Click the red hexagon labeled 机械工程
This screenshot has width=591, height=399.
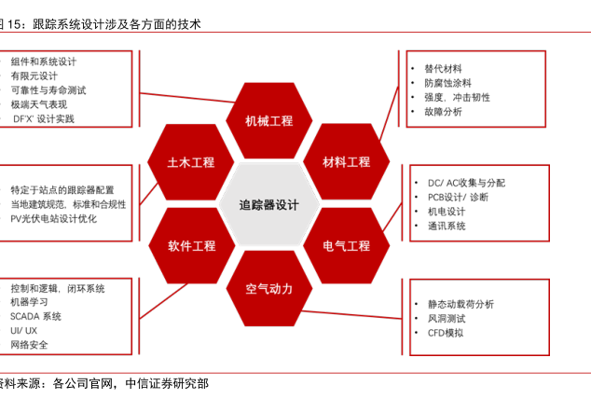click(x=268, y=121)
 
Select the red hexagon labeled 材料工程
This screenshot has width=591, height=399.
click(x=347, y=162)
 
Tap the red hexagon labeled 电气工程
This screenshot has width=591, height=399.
click(x=347, y=246)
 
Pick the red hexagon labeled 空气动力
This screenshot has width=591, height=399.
click(x=268, y=288)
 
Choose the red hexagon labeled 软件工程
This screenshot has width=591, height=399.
click(x=191, y=246)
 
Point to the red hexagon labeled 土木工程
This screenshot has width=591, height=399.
click(x=191, y=162)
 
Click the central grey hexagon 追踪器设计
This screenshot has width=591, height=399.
click(x=268, y=205)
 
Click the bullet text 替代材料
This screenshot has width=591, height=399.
click(x=442, y=68)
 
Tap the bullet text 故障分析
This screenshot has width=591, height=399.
click(x=442, y=112)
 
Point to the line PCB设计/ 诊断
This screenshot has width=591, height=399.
click(x=458, y=197)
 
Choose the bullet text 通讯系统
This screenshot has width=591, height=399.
click(x=446, y=226)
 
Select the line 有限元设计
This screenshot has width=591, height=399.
click(x=34, y=76)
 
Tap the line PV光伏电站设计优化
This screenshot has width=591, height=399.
click(x=53, y=218)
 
